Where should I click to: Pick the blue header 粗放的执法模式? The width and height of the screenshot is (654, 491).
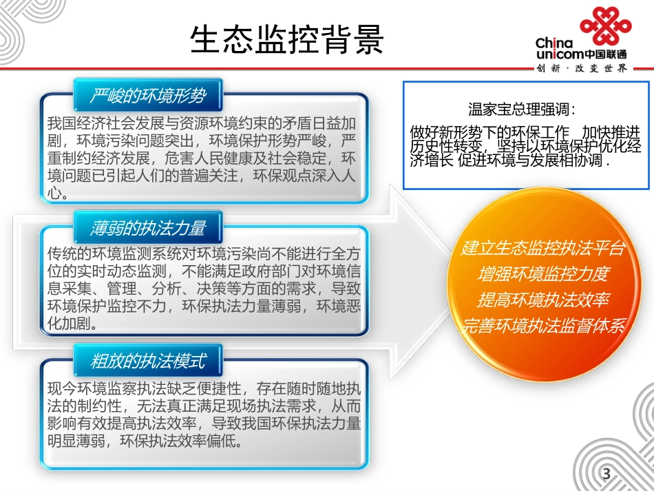point(147,360)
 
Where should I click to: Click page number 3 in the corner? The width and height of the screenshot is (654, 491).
point(606,474)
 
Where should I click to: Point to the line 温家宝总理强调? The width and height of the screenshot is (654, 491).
point(521,109)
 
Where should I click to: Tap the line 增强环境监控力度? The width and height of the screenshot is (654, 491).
point(542,273)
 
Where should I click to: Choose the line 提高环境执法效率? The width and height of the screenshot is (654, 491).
point(542,300)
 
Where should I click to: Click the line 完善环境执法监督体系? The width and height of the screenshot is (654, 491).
point(542,326)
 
